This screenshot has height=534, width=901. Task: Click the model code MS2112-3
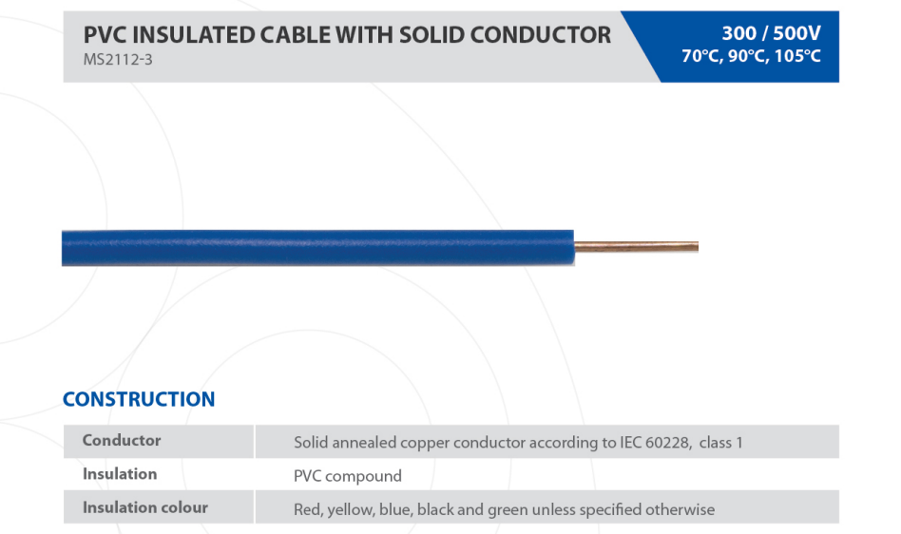[118, 60]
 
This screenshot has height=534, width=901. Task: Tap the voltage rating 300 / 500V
[771, 33]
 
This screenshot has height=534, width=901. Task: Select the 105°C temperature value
[797, 56]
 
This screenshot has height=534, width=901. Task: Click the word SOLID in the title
[431, 35]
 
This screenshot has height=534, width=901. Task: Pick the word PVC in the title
[105, 35]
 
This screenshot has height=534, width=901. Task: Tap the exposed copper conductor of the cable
[636, 247]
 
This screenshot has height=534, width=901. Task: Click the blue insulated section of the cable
[317, 248]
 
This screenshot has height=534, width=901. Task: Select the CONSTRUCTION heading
[139, 399]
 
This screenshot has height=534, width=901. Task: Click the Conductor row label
[122, 440]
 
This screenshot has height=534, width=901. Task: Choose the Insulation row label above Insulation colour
[120, 474]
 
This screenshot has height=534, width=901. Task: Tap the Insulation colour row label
[144, 507]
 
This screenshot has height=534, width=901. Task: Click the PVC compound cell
[348, 476]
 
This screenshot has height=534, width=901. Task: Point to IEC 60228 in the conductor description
[656, 443]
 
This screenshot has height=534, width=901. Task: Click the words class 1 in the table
[720, 443]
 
